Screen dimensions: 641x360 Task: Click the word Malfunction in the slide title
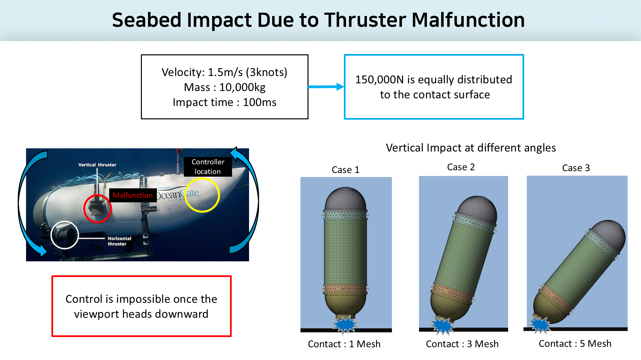pyautogui.click(x=468, y=20)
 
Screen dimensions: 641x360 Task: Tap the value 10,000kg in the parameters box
pyautogui.click(x=242, y=87)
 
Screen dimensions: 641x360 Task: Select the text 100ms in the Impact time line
pyautogui.click(x=259, y=102)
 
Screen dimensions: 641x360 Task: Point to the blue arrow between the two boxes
pyautogui.click(x=326, y=87)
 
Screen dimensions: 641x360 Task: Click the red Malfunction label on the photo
pyautogui.click(x=133, y=195)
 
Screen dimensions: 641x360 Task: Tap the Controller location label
pyautogui.click(x=208, y=167)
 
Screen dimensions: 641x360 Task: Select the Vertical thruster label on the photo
pyautogui.click(x=97, y=165)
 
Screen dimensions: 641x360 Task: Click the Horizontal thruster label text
pyautogui.click(x=119, y=241)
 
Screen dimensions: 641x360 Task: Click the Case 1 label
pyautogui.click(x=346, y=170)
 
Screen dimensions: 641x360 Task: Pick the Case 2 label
pyautogui.click(x=461, y=167)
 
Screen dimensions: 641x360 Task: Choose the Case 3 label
pyautogui.click(x=576, y=168)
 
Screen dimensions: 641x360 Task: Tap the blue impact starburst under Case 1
pyautogui.click(x=345, y=324)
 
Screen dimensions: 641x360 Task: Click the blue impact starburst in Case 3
pyautogui.click(x=539, y=325)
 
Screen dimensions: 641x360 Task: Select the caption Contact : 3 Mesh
pyautogui.click(x=462, y=344)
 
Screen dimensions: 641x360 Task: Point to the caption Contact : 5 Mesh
pyautogui.click(x=575, y=344)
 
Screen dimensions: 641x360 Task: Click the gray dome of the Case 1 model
pyautogui.click(x=346, y=199)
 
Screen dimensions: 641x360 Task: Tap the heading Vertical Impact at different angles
pyautogui.click(x=471, y=148)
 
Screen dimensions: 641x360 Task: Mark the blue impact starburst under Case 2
pyautogui.click(x=442, y=326)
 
